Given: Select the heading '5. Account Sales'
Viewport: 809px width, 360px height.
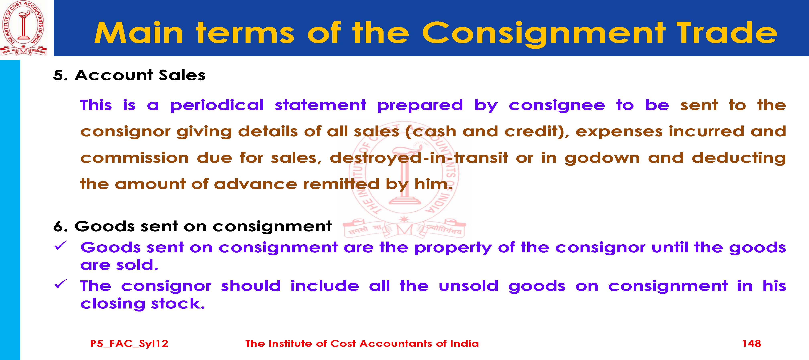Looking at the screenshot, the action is click(x=129, y=75).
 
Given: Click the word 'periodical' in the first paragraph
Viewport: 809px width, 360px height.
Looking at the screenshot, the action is click(x=217, y=105).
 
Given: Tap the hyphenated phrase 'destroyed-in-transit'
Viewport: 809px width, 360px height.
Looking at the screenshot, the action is click(x=419, y=158).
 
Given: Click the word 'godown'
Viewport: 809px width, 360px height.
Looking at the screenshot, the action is click(x=602, y=158).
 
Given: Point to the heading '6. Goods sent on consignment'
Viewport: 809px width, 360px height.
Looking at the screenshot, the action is click(x=193, y=226).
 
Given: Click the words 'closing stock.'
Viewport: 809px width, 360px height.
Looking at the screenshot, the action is click(x=143, y=304).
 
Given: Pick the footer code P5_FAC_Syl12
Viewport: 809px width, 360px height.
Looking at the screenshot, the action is click(x=129, y=344).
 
